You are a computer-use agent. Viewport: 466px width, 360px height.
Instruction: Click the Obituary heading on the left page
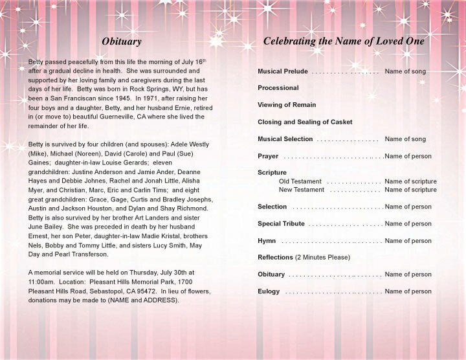pyautogui.click(x=121, y=41)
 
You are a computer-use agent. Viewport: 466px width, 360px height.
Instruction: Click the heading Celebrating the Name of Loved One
pyautogui.click(x=344, y=41)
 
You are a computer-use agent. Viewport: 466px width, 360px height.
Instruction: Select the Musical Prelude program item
pyautogui.click(x=282, y=71)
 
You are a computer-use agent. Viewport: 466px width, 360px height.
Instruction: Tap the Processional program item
pyautogui.click(x=278, y=88)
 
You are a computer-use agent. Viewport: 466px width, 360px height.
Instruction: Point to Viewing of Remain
pyautogui.click(x=287, y=105)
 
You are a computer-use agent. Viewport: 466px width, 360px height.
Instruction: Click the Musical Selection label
pyautogui.click(x=285, y=139)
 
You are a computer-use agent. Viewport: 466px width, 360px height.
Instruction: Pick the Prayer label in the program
pyautogui.click(x=268, y=156)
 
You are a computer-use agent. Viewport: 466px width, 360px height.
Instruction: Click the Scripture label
pyautogui.click(x=272, y=173)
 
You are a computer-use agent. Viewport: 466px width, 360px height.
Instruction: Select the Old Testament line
pyautogui.click(x=300, y=181)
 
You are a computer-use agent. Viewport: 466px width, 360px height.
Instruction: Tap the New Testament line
pyautogui.click(x=301, y=190)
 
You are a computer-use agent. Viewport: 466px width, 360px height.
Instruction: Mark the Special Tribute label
pyautogui.click(x=281, y=224)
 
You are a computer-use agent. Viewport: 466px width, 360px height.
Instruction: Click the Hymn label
pyautogui.click(x=267, y=241)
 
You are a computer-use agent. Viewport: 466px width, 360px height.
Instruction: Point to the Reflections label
pyautogui.click(x=275, y=258)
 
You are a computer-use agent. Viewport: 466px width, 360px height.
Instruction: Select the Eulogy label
pyautogui.click(x=269, y=291)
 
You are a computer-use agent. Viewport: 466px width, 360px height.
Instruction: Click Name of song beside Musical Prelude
pyautogui.click(x=405, y=71)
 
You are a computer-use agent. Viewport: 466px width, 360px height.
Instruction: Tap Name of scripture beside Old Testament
pyautogui.click(x=410, y=181)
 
